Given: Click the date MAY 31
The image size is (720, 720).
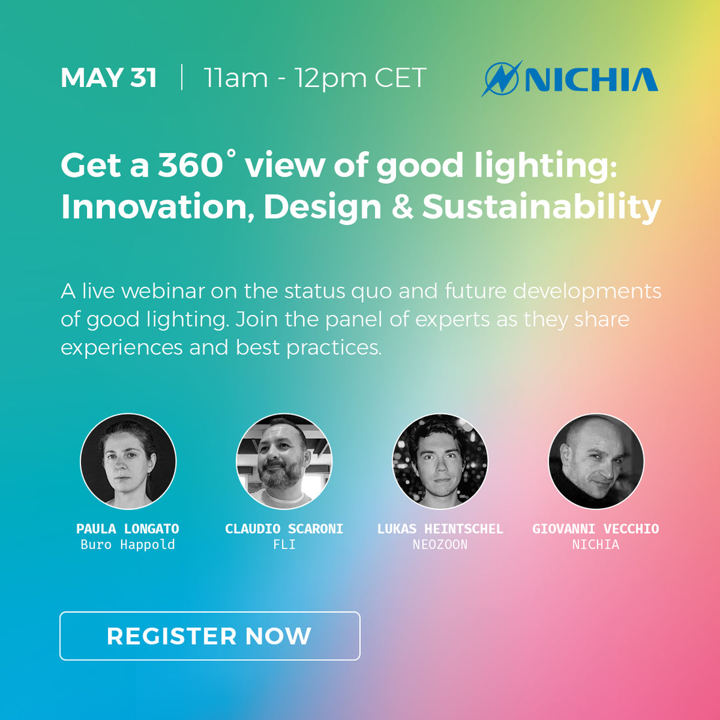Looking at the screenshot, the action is tap(109, 77).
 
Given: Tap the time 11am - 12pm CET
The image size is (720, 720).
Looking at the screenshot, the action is tap(315, 78).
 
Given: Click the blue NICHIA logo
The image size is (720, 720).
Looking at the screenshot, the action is tap(570, 79).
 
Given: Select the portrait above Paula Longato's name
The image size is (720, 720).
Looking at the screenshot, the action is tap(128, 461).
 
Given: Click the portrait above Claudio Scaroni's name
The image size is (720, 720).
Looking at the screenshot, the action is tap(284, 461).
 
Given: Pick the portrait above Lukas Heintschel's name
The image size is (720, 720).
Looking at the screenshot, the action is tap(440, 461).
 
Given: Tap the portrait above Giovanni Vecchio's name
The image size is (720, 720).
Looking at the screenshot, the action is tap(596, 461).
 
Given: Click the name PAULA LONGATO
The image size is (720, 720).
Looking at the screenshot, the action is tap(128, 528).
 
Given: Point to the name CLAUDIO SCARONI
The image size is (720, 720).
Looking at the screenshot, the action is tap(284, 528).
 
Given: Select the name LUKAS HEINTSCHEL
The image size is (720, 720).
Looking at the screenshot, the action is tap(440, 528).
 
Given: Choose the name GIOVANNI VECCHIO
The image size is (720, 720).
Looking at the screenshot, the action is tap(596, 528).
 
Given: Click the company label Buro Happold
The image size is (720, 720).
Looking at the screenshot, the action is tap(128, 545).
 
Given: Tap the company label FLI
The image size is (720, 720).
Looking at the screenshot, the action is tap(284, 545).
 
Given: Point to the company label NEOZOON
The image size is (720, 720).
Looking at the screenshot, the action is tap(440, 545).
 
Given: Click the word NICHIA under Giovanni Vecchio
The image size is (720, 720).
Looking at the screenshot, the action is tap(596, 545).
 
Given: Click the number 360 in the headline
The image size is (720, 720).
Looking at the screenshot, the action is tap(190, 165).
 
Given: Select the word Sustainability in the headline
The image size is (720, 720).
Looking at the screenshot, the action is tap(542, 208).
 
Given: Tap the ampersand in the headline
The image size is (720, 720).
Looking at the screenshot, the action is tap(403, 207).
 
